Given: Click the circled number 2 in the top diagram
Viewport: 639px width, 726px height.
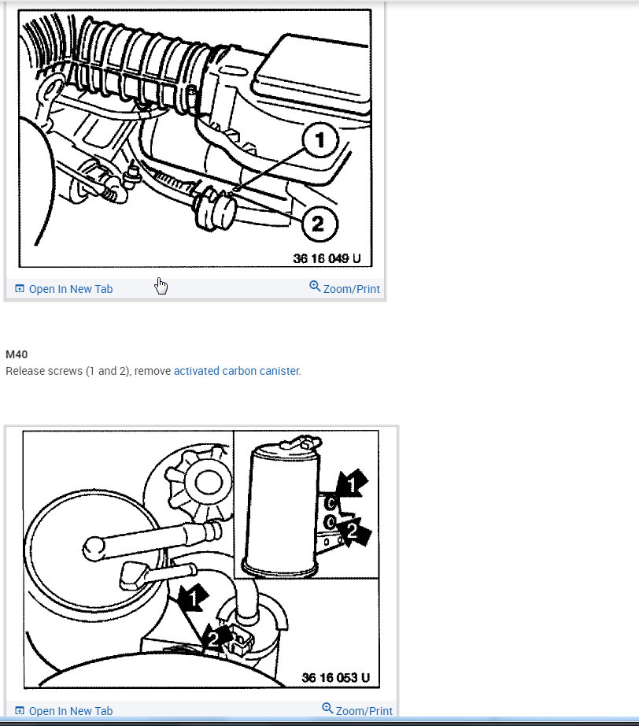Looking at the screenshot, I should [x=317, y=224].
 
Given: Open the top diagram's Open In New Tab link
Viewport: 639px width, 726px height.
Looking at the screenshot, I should [x=70, y=289].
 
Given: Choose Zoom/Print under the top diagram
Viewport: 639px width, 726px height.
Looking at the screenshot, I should [x=351, y=289].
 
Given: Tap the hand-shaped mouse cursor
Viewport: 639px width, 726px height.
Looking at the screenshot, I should [x=161, y=285].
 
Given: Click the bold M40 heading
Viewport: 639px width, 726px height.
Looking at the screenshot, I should [x=17, y=354].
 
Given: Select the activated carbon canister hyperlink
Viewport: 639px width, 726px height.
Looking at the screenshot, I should [x=236, y=371].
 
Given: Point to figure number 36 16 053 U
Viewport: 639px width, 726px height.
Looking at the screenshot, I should [x=334, y=677].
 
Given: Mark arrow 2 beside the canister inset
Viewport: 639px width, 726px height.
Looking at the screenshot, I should [x=352, y=532].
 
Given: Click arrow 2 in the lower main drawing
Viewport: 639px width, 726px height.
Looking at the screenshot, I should [x=214, y=637].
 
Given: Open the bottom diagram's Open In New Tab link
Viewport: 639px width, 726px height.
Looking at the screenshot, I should [x=70, y=711].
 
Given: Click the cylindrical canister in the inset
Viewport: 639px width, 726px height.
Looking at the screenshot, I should [x=282, y=504].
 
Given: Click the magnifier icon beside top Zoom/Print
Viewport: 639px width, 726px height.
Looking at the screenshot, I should [x=315, y=287].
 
